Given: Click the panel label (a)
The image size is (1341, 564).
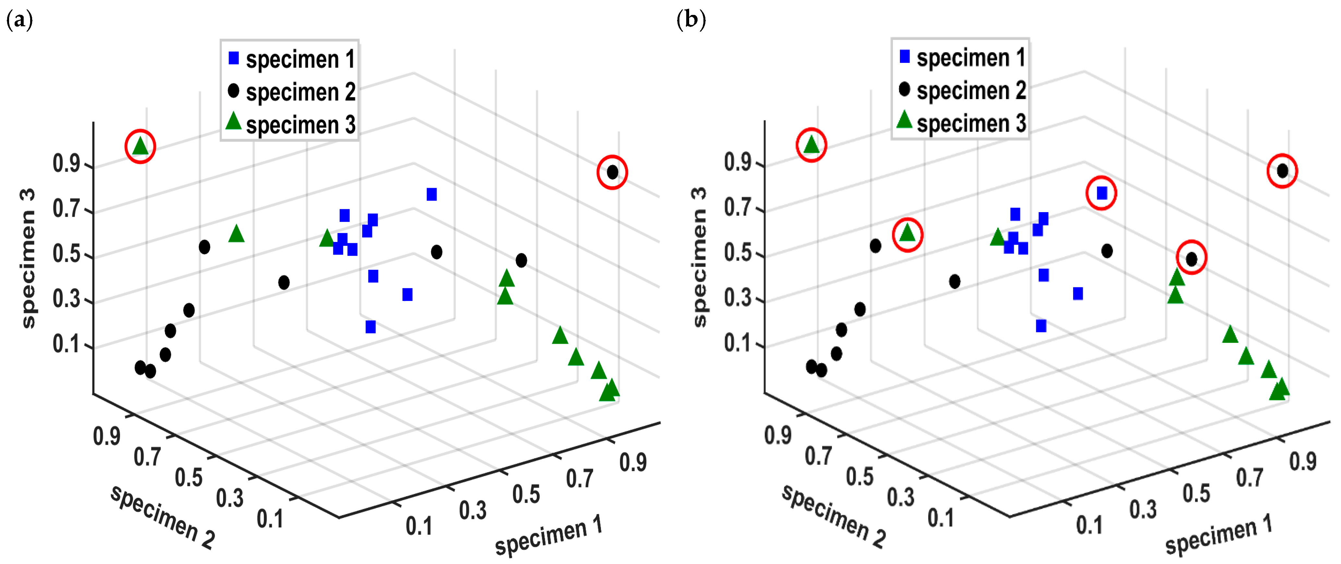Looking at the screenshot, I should (19, 20).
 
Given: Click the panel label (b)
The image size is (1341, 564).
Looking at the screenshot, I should (691, 20).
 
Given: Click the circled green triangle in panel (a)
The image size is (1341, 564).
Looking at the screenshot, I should (140, 146).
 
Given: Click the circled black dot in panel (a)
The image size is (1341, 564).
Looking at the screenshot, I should (612, 172).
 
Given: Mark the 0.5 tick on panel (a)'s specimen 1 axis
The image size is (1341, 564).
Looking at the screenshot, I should (526, 494).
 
